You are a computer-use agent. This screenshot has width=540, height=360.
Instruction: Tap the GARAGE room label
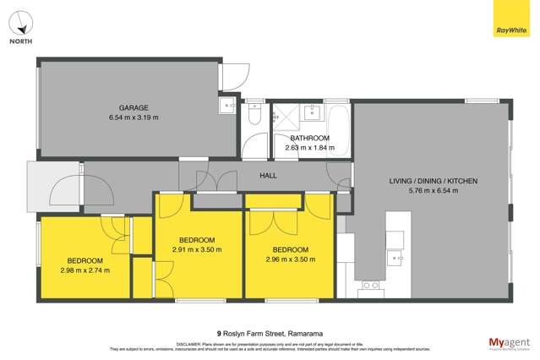pos(134,107)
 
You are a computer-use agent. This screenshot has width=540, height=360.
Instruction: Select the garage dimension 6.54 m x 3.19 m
pos(134,117)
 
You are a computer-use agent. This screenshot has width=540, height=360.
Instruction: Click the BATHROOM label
pos(309,138)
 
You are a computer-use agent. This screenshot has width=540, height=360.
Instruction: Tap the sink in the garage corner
pos(227,106)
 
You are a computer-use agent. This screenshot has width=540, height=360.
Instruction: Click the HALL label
pos(268,175)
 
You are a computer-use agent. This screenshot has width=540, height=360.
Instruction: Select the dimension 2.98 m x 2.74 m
pos(85,270)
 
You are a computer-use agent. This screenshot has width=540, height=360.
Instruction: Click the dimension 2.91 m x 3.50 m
pos(196,250)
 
